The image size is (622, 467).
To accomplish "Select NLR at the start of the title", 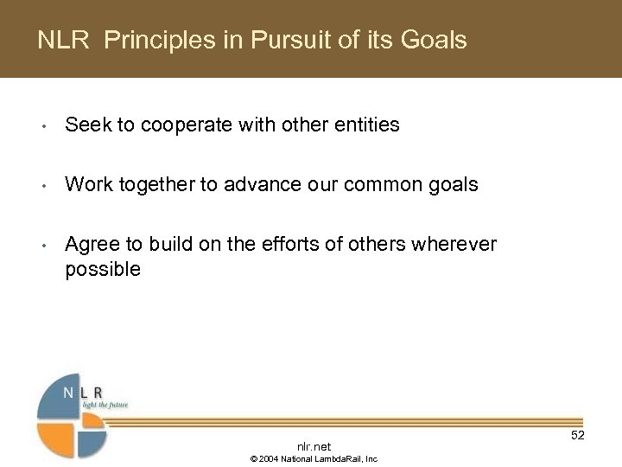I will point(63,40).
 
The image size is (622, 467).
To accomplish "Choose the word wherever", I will point(456,245).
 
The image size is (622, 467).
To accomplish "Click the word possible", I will point(102,269).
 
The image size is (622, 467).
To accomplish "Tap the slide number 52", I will point(577,435).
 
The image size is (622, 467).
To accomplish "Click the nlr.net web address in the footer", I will point(314,446).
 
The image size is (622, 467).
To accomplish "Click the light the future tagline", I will point(105,404).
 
